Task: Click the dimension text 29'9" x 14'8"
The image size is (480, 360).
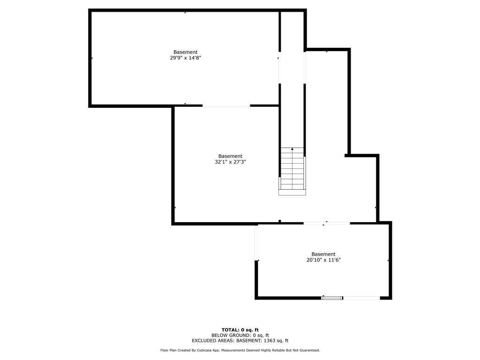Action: (185, 58)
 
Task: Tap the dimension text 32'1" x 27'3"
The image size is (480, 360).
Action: (230, 162)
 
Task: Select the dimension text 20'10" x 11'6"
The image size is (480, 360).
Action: (323, 260)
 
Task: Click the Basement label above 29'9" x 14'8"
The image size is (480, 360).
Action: (185, 52)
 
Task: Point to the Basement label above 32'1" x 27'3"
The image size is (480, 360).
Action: (230, 156)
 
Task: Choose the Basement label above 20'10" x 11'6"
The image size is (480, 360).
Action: (323, 254)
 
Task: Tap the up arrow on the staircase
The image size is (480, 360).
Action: (292, 150)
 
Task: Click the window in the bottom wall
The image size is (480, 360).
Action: (332, 298)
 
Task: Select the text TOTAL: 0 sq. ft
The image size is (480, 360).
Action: (240, 330)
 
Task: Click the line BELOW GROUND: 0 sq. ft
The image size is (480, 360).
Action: (240, 335)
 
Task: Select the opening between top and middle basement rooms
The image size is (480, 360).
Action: (226, 106)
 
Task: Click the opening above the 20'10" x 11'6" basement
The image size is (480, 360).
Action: (327, 224)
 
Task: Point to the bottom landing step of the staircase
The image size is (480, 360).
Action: (292, 192)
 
